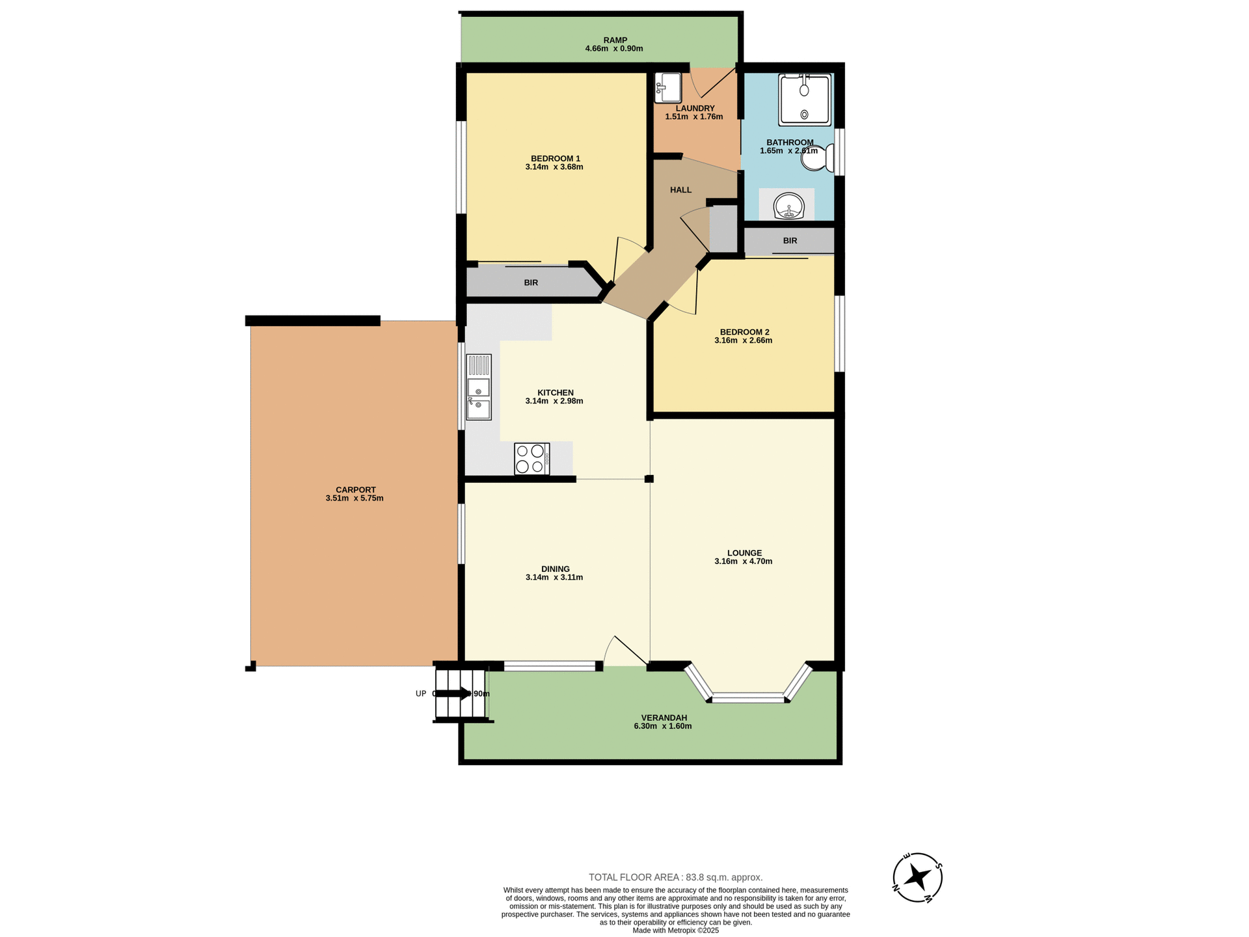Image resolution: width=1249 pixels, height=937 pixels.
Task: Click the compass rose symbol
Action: click(x=917, y=877)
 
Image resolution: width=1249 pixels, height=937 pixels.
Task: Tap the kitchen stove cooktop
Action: click(x=531, y=459)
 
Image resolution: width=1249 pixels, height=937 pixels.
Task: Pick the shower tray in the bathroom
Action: click(x=804, y=100)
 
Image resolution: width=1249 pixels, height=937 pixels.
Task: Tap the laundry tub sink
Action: click(x=667, y=87)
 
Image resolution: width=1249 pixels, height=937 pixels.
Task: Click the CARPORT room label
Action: click(x=355, y=490)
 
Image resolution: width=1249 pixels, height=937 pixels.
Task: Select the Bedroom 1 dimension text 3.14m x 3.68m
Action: click(x=554, y=167)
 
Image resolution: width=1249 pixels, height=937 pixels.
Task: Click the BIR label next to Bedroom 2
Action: click(x=790, y=241)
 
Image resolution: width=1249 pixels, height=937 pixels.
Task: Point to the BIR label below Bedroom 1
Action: click(x=531, y=283)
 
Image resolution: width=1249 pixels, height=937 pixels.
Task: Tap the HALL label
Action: click(x=680, y=190)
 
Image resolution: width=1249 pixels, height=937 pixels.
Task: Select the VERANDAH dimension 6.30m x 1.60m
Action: click(x=662, y=726)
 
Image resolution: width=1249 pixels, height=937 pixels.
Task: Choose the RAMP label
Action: click(x=615, y=40)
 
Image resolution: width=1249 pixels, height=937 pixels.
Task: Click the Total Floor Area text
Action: click(x=675, y=877)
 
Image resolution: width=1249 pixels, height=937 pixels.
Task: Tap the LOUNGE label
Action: click(x=744, y=553)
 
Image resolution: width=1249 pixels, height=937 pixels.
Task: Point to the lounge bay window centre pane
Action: click(x=747, y=699)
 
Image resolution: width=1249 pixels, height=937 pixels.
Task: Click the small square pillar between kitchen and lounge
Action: click(x=649, y=479)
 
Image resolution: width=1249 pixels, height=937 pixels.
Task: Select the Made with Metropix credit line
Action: click(x=675, y=930)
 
